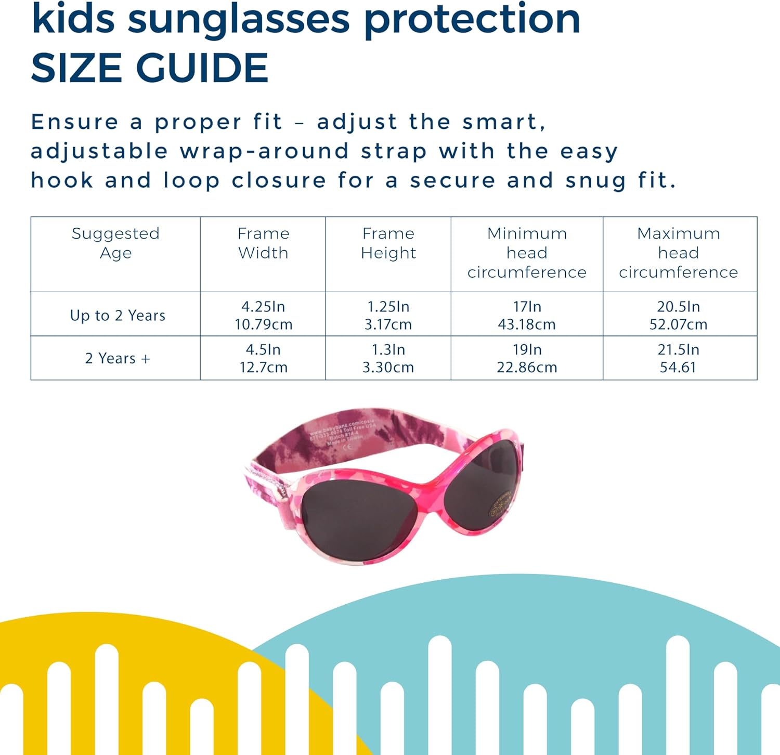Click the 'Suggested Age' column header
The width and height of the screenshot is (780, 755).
tap(115, 243)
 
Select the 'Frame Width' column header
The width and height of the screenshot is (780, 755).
tap(263, 243)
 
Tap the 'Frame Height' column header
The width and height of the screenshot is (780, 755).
tap(388, 243)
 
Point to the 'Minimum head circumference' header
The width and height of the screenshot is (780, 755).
tap(527, 253)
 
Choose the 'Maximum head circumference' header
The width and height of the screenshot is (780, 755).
tap(679, 253)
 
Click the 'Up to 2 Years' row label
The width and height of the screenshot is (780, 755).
tap(118, 315)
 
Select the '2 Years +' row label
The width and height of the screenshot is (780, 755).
tap(118, 358)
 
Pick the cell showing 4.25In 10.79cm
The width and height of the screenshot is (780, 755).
tap(263, 315)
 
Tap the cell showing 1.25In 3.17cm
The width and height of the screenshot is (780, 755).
tap(388, 315)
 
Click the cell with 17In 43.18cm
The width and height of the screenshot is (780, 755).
tap(527, 315)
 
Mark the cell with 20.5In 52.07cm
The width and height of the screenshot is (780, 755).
tap(679, 315)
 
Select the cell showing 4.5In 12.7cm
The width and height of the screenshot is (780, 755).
tap(263, 358)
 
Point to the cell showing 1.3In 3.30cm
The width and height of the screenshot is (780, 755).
tap(388, 358)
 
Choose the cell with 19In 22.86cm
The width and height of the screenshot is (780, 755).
tap(527, 358)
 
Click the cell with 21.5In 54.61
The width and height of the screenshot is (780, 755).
tap(679, 358)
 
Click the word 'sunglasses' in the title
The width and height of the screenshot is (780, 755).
tap(239, 19)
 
